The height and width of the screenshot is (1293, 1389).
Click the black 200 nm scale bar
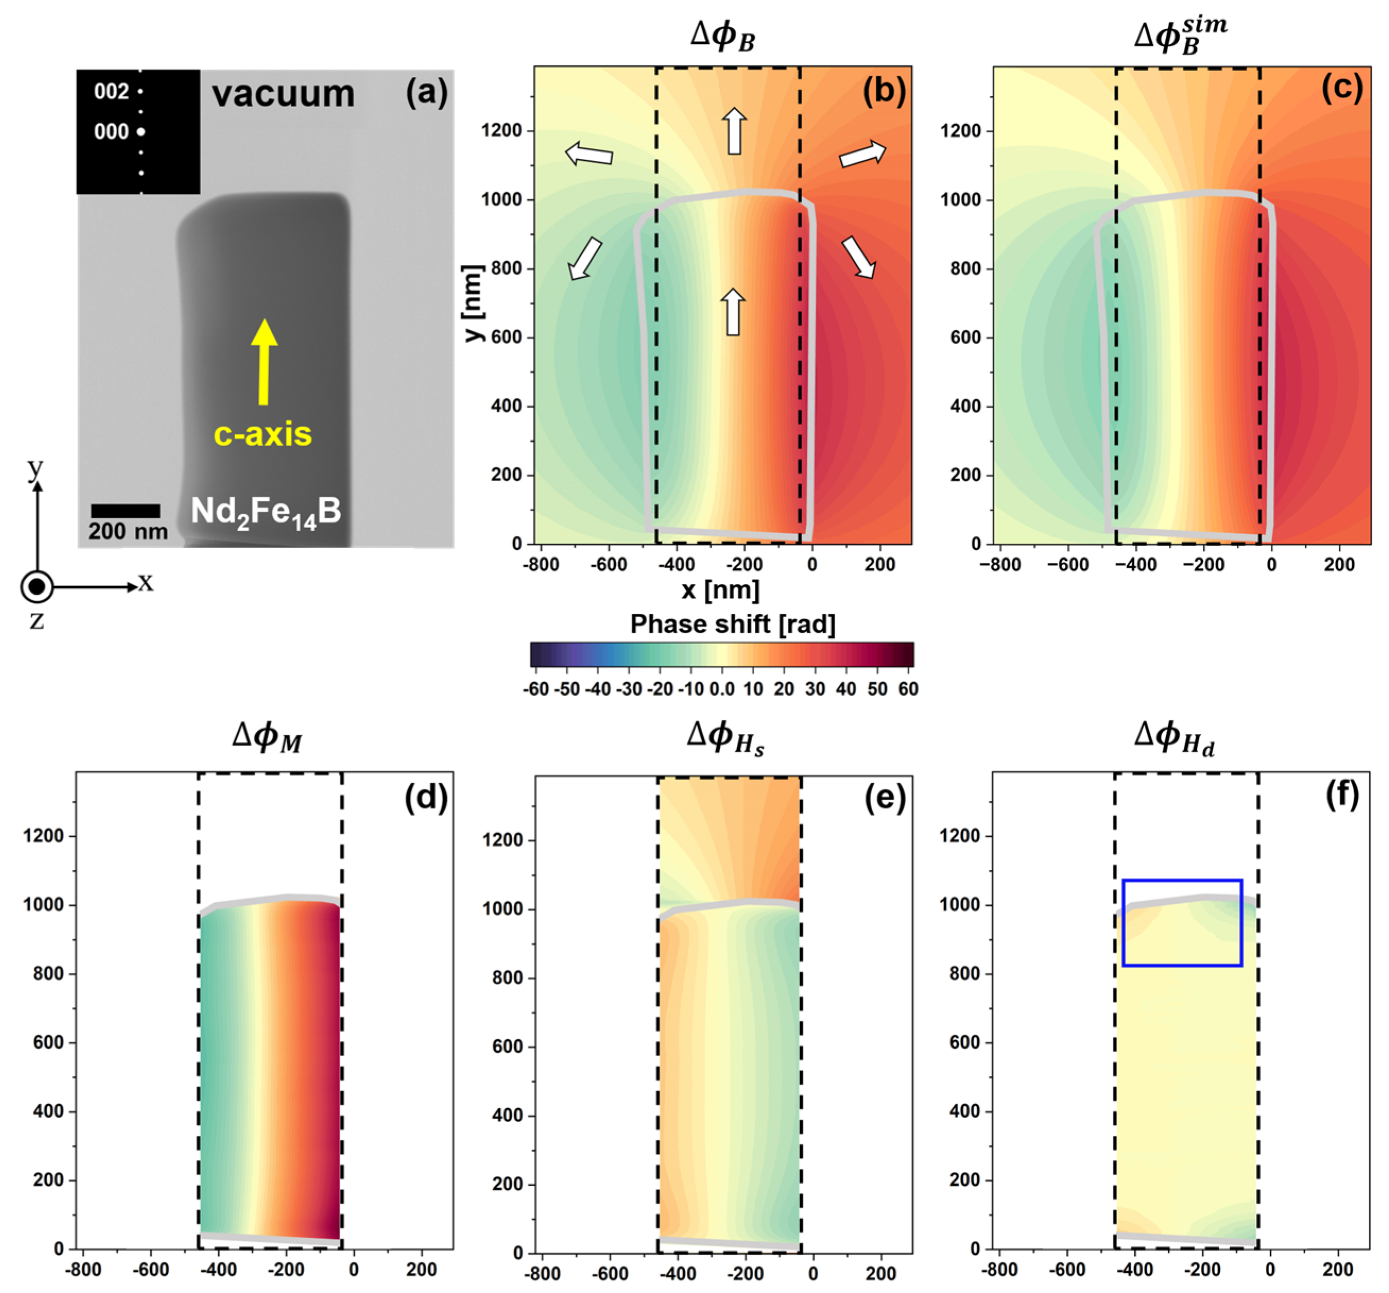click(125, 511)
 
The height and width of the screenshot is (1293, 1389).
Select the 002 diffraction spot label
click(112, 91)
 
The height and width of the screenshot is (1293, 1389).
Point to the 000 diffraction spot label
click(112, 131)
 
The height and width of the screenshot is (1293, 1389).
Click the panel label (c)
click(1341, 89)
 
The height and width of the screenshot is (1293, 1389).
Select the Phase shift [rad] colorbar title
click(732, 623)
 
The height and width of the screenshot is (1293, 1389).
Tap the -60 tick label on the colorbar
click(536, 689)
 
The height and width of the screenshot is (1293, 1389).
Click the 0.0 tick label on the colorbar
click(722, 689)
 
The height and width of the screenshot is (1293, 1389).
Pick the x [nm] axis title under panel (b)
click(720, 589)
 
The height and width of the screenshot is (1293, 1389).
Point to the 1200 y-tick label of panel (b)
click(502, 131)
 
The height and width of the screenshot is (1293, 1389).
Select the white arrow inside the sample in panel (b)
click(732, 312)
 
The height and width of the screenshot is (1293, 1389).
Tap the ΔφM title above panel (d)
click(267, 736)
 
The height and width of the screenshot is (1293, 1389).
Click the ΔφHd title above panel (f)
click(1174, 736)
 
